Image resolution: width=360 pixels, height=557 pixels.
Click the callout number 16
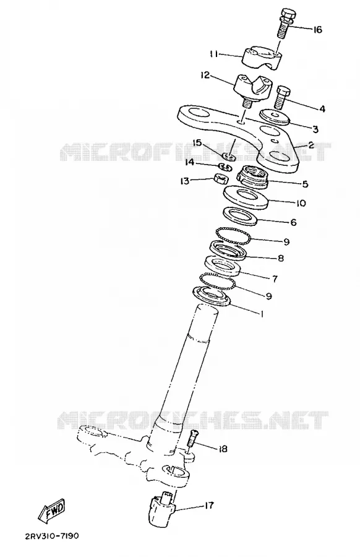[x=317, y=30]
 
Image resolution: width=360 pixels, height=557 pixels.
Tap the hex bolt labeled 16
[x=285, y=24]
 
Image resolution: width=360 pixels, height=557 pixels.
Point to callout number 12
[x=205, y=76]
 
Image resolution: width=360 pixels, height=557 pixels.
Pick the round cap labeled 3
[x=275, y=117]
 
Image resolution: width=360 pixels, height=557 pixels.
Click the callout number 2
[x=311, y=145]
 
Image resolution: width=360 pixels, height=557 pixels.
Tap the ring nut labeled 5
[x=254, y=176]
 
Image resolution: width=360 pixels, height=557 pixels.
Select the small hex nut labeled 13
[x=221, y=178]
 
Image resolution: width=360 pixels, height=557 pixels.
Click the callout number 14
[x=190, y=162]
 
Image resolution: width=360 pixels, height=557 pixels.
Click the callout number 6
[x=293, y=222]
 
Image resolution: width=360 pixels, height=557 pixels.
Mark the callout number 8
[x=280, y=258]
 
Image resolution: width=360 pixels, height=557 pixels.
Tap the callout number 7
[x=275, y=278]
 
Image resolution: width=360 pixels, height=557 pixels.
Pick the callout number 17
[x=209, y=505]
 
